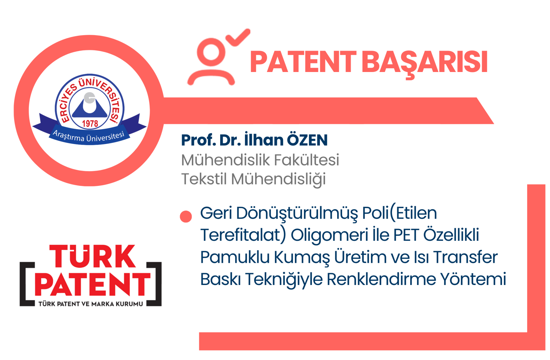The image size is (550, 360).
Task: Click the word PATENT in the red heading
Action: (x=303, y=62)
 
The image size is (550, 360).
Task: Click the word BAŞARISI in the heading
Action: (x=425, y=64)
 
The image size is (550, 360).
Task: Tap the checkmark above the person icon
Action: (x=238, y=37)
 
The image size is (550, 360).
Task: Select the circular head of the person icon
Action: (x=211, y=52)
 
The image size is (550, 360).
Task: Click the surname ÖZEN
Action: (x=307, y=140)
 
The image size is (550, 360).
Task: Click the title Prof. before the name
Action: (x=198, y=140)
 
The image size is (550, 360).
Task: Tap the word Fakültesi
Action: (x=306, y=160)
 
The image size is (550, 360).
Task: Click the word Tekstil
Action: (x=204, y=179)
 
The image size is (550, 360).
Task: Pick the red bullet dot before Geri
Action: (x=186, y=216)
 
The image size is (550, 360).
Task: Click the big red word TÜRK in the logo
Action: (x=92, y=256)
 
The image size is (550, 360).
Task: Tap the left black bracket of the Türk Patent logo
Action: (x=26, y=284)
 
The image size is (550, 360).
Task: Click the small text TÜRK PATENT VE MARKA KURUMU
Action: (x=91, y=304)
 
